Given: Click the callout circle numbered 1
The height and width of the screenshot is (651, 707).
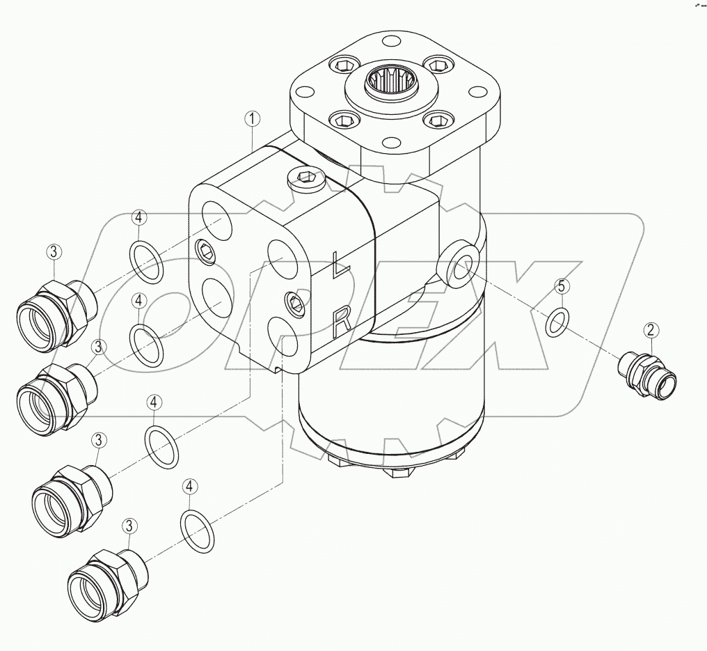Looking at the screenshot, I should (253, 119).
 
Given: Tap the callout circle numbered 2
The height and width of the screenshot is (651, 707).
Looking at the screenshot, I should (651, 329).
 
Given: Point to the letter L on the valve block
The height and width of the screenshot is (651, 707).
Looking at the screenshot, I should (339, 265).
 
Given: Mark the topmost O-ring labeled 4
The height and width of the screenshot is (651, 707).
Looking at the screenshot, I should (147, 262).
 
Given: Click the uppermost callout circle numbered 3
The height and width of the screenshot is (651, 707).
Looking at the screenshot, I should (55, 253).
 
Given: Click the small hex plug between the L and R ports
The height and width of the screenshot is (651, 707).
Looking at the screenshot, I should (295, 301).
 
